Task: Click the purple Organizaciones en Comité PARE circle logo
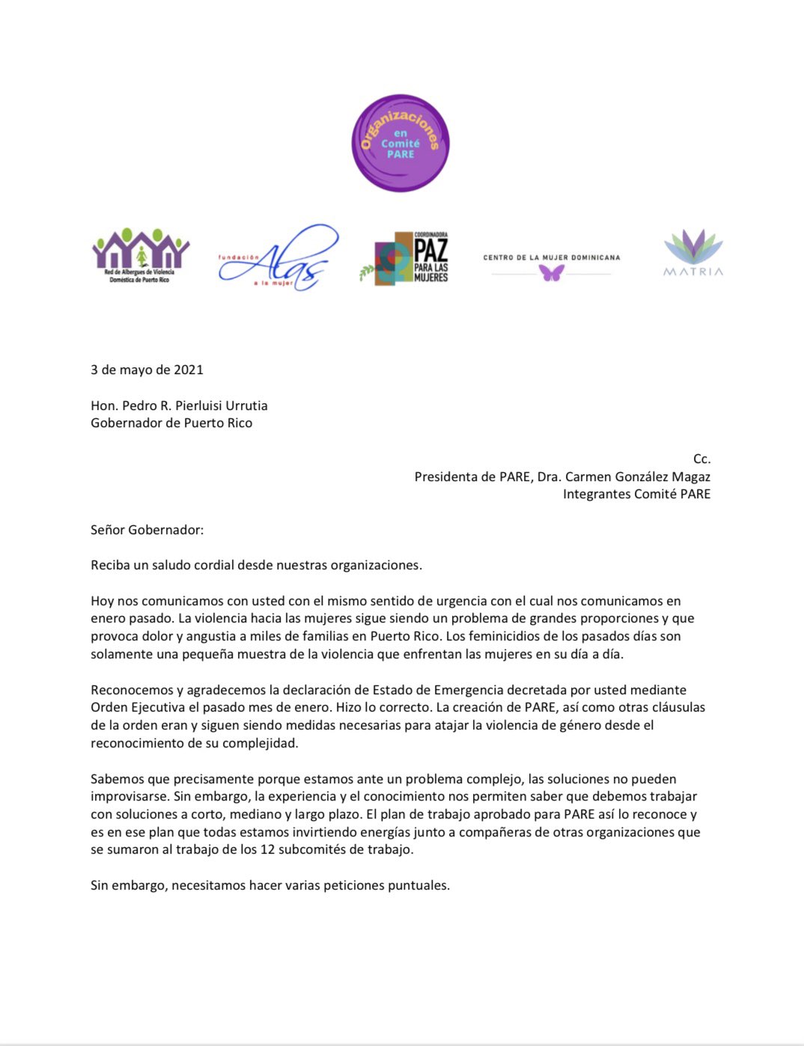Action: tap(401, 143)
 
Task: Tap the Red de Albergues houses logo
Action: tap(140, 255)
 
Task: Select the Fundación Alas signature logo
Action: tap(278, 257)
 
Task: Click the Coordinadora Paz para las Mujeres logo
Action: tap(404, 258)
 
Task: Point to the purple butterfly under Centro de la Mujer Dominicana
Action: tap(552, 273)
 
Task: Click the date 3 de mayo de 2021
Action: tap(147, 370)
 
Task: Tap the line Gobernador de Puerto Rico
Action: tap(171, 423)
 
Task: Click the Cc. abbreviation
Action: tap(701, 459)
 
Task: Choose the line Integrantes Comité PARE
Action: tap(636, 494)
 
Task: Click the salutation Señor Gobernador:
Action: tap(147, 530)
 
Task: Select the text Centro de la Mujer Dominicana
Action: tap(552, 257)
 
